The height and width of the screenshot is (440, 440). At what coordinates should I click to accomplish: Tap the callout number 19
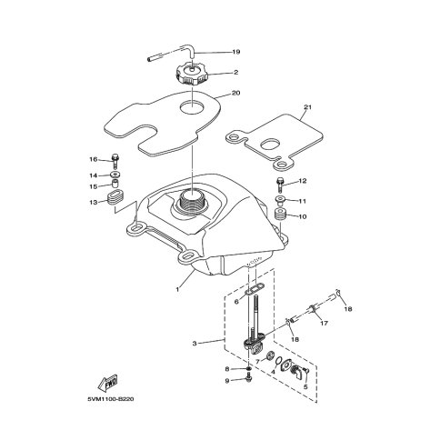[x=236, y=52]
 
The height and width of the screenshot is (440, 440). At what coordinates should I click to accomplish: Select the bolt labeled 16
[x=115, y=161]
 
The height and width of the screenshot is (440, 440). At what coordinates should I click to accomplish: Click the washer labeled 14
[x=115, y=175]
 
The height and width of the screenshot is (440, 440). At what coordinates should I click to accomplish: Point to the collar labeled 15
[x=115, y=184]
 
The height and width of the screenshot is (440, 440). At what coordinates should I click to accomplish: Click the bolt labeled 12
[x=280, y=185]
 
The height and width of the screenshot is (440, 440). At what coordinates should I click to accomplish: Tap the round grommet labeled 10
[x=280, y=215]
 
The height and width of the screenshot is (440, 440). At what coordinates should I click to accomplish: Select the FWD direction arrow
[x=107, y=384]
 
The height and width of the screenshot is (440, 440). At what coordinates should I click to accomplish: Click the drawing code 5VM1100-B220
[x=111, y=399]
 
